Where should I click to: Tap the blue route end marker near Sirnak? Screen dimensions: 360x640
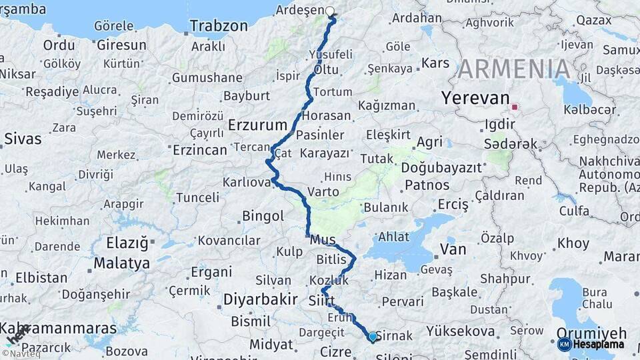pos(372,337)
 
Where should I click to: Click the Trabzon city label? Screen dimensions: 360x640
pos(219,26)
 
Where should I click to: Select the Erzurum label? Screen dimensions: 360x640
pos(257,125)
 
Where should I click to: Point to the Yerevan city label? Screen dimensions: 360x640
pos(475,99)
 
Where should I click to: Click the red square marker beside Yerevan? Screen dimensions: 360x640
pos(514,106)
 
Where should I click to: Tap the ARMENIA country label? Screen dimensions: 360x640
pos(514,69)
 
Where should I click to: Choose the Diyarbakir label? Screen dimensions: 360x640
pos(259,300)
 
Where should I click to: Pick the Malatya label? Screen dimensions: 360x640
pos(121,263)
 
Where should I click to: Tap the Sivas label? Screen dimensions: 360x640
pos(23,139)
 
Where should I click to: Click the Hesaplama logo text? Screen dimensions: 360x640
pos(599,344)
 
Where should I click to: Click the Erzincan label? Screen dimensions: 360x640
pos(200,150)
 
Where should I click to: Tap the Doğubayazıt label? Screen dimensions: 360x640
pos(443,168)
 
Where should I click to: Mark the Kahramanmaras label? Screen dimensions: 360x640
pos(59,329)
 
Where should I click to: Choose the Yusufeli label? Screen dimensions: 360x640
pos(331,54)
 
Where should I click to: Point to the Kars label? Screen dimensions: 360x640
pos(436,63)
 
